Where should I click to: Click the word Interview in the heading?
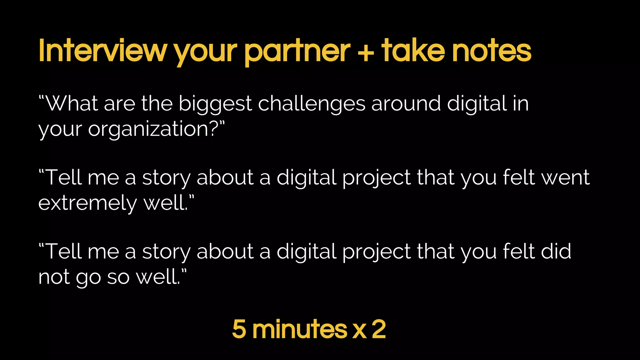tap(103, 51)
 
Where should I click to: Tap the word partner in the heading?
tap(297, 51)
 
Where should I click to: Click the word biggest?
tap(215, 104)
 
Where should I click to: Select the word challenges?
tap(312, 104)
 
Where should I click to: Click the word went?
tap(565, 177)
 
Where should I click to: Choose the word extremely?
tap(87, 203)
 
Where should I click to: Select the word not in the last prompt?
tap(54, 277)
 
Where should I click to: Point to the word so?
tap(118, 277)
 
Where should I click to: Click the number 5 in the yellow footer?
tap(239, 329)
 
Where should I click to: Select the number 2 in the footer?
tap(379, 329)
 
